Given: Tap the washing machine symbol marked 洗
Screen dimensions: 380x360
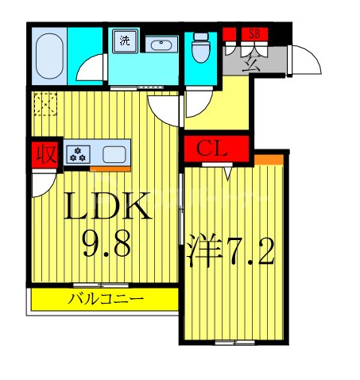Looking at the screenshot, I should pos(126,40).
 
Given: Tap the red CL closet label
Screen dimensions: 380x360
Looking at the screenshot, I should pos(215,148).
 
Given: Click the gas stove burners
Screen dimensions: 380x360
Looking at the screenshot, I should pos(79,153).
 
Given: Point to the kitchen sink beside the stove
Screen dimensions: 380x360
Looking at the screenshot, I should pos(114,153).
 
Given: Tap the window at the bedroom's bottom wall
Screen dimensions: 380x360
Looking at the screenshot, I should pos(235,343).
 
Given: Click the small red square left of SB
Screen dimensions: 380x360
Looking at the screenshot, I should pos(230,33).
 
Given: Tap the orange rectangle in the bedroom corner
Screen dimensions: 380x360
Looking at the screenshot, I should pos(273,161).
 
